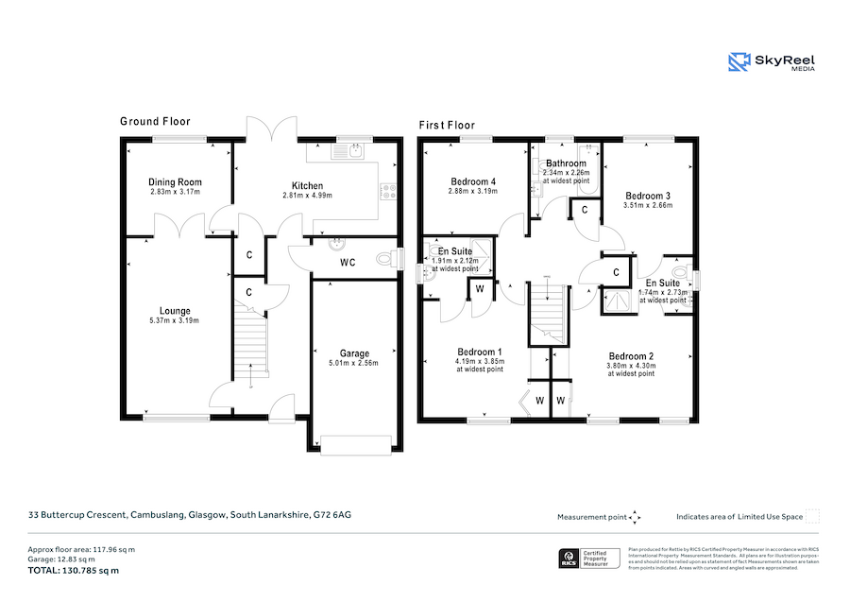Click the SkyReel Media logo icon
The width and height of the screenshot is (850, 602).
coord(739,62)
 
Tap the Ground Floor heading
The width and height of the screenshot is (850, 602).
coord(155,121)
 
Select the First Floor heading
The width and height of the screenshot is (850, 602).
coord(447,125)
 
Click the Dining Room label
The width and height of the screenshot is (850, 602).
coord(175,182)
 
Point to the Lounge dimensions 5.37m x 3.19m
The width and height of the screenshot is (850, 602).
coord(175,321)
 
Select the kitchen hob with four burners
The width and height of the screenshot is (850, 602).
coord(388,190)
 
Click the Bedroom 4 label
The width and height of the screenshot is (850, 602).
coord(472,181)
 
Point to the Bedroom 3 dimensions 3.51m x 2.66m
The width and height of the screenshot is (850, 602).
coord(647,205)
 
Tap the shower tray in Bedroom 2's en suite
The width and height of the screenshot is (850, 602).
coord(619,300)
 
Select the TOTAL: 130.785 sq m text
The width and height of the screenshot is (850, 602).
coord(75,571)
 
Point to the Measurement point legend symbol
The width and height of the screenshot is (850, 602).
coord(636,517)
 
